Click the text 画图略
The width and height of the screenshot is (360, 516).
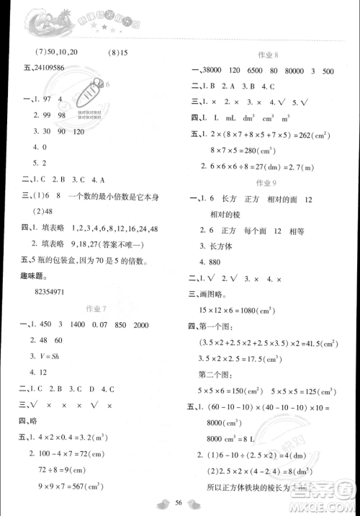214,294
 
